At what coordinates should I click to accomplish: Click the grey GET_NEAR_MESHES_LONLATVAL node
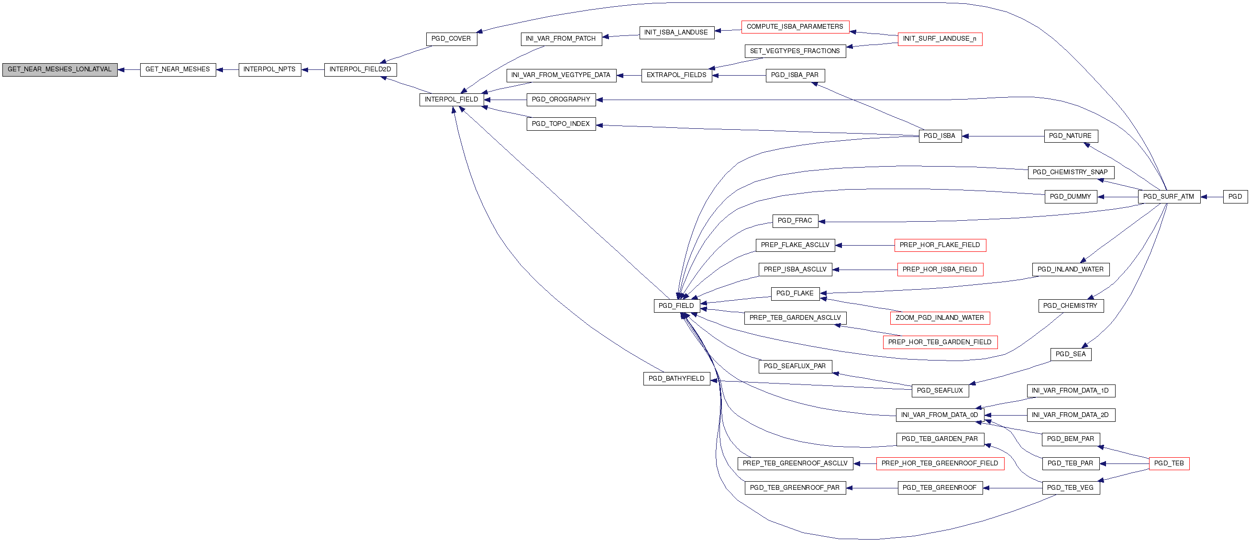coord(60,69)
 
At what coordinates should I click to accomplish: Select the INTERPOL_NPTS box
coord(269,69)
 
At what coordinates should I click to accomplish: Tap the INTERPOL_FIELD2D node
coord(360,69)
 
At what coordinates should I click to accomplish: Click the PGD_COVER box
coord(451,39)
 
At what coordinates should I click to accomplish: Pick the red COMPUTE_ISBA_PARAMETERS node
coord(795,27)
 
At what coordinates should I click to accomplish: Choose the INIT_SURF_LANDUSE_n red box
coord(940,39)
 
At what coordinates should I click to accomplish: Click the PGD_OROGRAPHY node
coord(561,100)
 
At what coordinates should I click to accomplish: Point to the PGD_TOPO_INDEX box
coord(561,124)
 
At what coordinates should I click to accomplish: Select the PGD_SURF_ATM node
coord(1169,197)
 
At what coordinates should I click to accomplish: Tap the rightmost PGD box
coord(1235,197)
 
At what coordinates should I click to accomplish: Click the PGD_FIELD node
coord(676,306)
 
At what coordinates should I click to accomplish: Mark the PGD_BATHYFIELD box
coord(676,379)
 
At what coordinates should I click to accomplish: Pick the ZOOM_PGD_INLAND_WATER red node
coord(940,318)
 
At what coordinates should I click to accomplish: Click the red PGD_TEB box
coord(1169,463)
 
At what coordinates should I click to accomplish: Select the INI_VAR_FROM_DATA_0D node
coord(940,415)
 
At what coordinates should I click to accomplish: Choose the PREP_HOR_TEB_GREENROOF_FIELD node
coord(940,463)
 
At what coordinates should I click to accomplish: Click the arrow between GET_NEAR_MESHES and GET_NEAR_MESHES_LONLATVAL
coord(129,69)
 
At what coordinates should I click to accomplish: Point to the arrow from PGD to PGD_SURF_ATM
coord(1212,197)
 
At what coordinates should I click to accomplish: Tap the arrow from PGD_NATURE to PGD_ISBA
coord(1003,136)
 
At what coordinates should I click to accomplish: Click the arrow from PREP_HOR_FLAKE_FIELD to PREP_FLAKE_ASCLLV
coord(865,245)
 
